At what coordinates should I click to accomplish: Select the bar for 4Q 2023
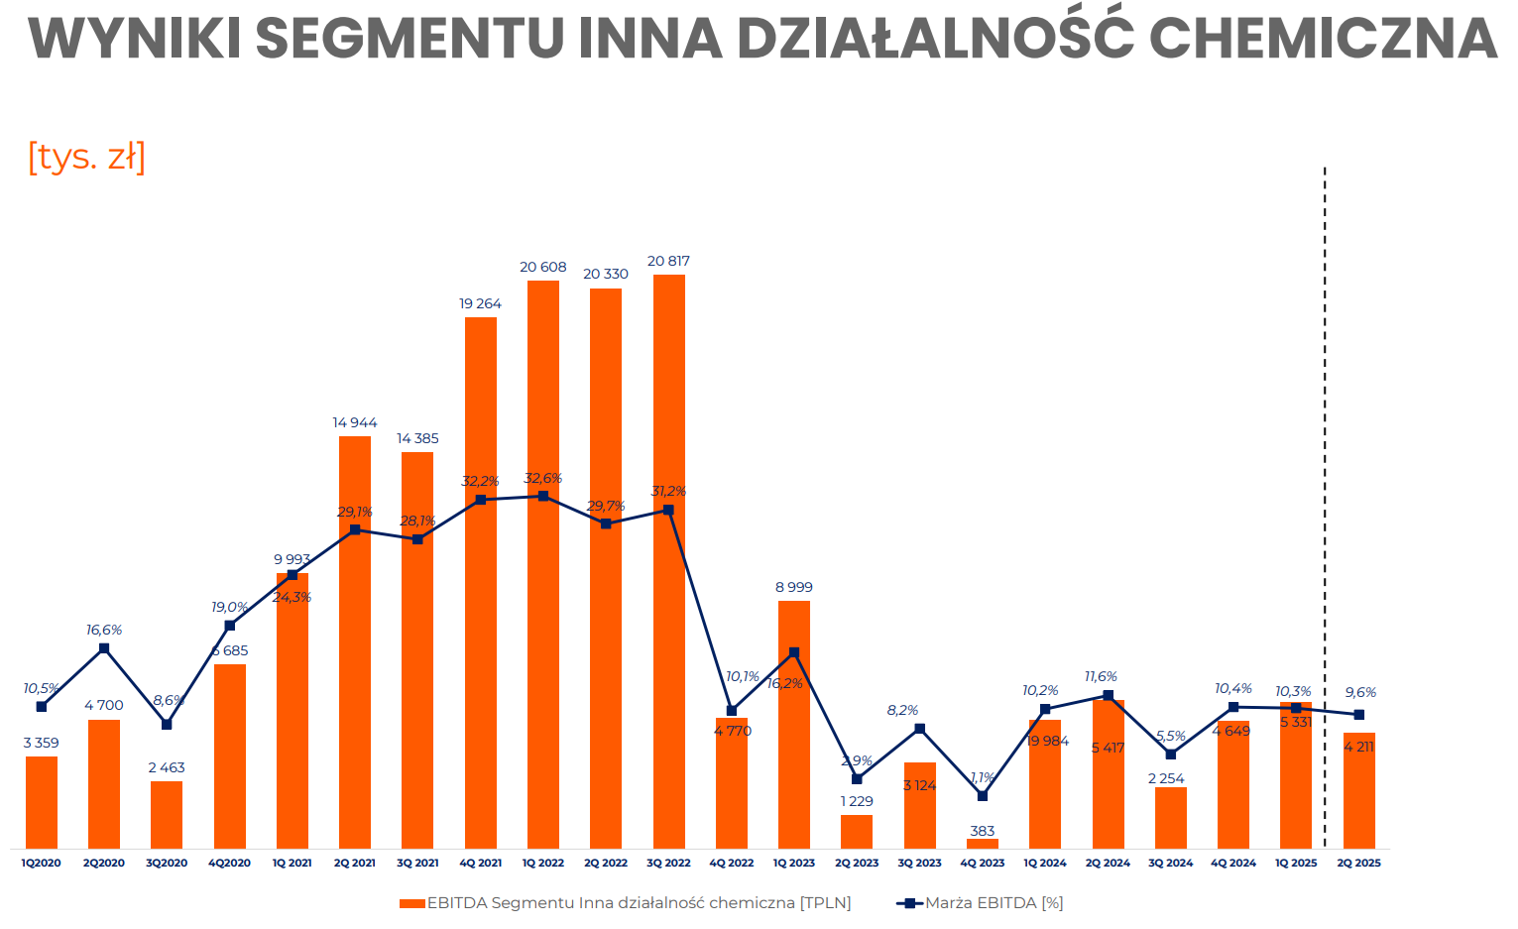[x=983, y=844]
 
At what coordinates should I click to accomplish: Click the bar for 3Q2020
[x=167, y=815]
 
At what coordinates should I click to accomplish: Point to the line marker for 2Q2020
[x=104, y=648]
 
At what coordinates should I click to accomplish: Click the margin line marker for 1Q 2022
[x=543, y=496]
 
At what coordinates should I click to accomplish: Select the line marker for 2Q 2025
[x=1358, y=715]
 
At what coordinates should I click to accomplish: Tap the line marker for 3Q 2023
[x=920, y=729]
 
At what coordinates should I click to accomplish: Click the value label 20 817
[x=668, y=262]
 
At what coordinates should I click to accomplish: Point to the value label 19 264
[x=480, y=304]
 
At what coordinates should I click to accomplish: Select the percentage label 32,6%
[x=543, y=479]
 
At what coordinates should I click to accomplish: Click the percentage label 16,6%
[x=104, y=631]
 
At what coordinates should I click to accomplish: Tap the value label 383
[x=983, y=831]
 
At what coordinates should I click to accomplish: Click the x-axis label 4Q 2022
[x=732, y=864]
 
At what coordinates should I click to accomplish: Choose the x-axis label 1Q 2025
[x=1296, y=864]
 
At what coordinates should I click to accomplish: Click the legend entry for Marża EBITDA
[x=982, y=903]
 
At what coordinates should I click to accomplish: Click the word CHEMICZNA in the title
[x=1322, y=39]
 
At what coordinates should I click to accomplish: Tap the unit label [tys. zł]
[x=87, y=157]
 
